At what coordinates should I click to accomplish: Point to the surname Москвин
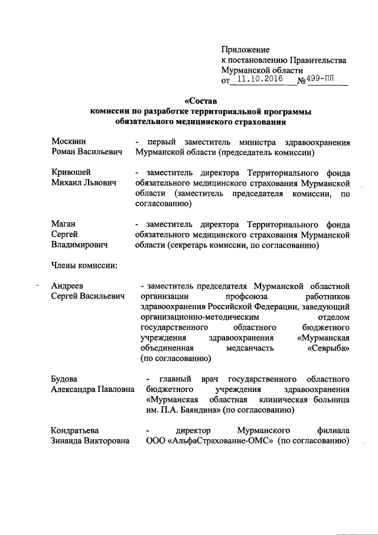[69, 142]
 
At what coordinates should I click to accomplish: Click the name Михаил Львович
[83, 183]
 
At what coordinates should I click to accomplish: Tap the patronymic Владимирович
[79, 244]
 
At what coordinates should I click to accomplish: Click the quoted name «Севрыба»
[328, 348]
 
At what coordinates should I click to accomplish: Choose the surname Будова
[65, 378]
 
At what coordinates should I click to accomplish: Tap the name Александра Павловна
[93, 389]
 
